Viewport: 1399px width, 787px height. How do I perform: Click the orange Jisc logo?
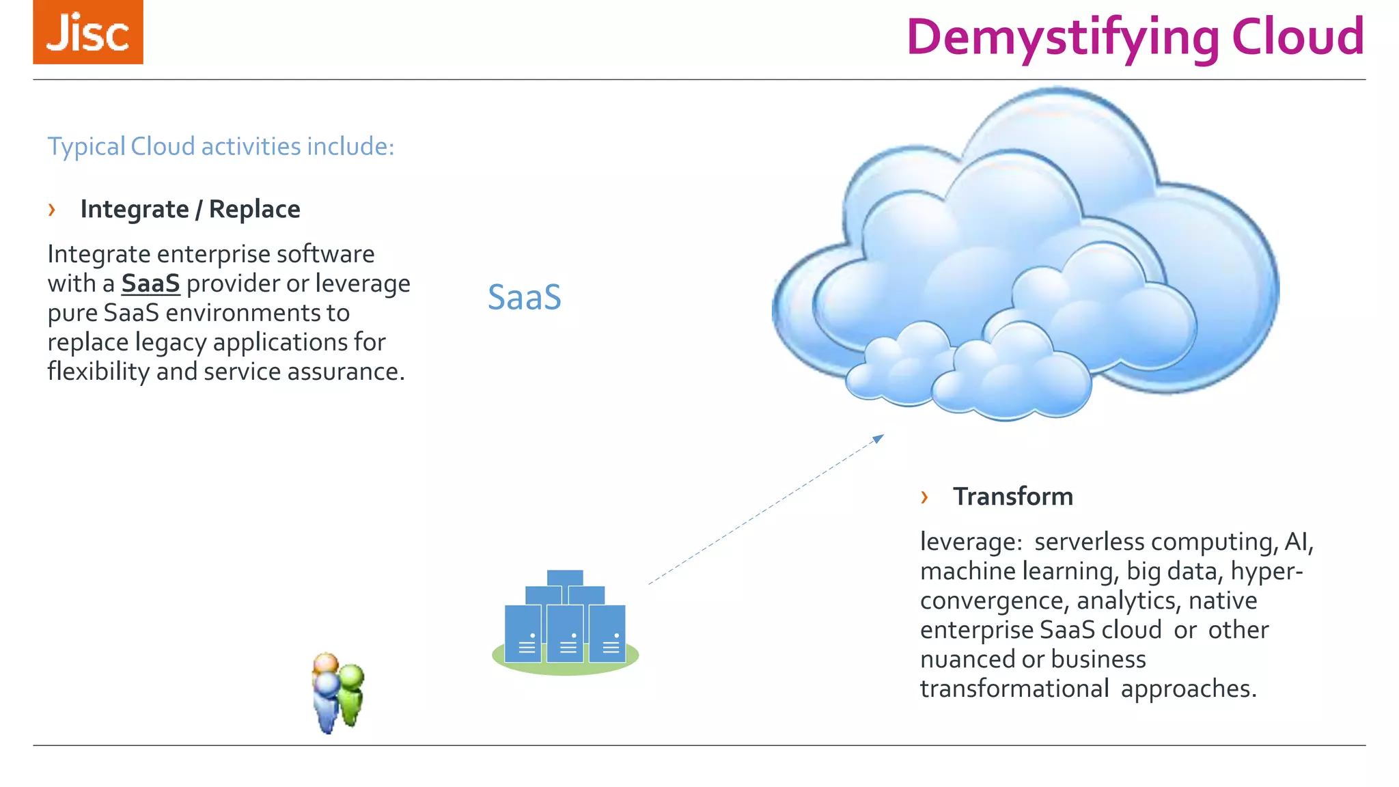(88, 32)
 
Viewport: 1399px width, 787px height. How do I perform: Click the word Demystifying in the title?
(1063, 38)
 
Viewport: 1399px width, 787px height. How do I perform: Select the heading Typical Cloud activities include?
(221, 146)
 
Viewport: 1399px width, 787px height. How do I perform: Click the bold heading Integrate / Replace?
(190, 209)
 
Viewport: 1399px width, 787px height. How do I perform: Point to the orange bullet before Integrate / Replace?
(52, 209)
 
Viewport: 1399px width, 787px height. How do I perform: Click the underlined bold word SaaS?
(150, 283)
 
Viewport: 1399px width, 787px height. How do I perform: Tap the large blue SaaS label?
(524, 297)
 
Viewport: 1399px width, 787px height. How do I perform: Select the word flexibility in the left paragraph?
(98, 371)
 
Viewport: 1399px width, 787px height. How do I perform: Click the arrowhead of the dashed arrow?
(879, 438)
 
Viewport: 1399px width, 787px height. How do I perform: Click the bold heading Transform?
(1012, 497)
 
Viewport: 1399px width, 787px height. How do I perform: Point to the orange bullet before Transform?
(924, 497)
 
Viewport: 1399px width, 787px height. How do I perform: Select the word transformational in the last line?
(1014, 688)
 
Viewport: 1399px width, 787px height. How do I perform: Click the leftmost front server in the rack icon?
(523, 633)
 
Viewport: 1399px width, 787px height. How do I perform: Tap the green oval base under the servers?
(566, 666)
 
